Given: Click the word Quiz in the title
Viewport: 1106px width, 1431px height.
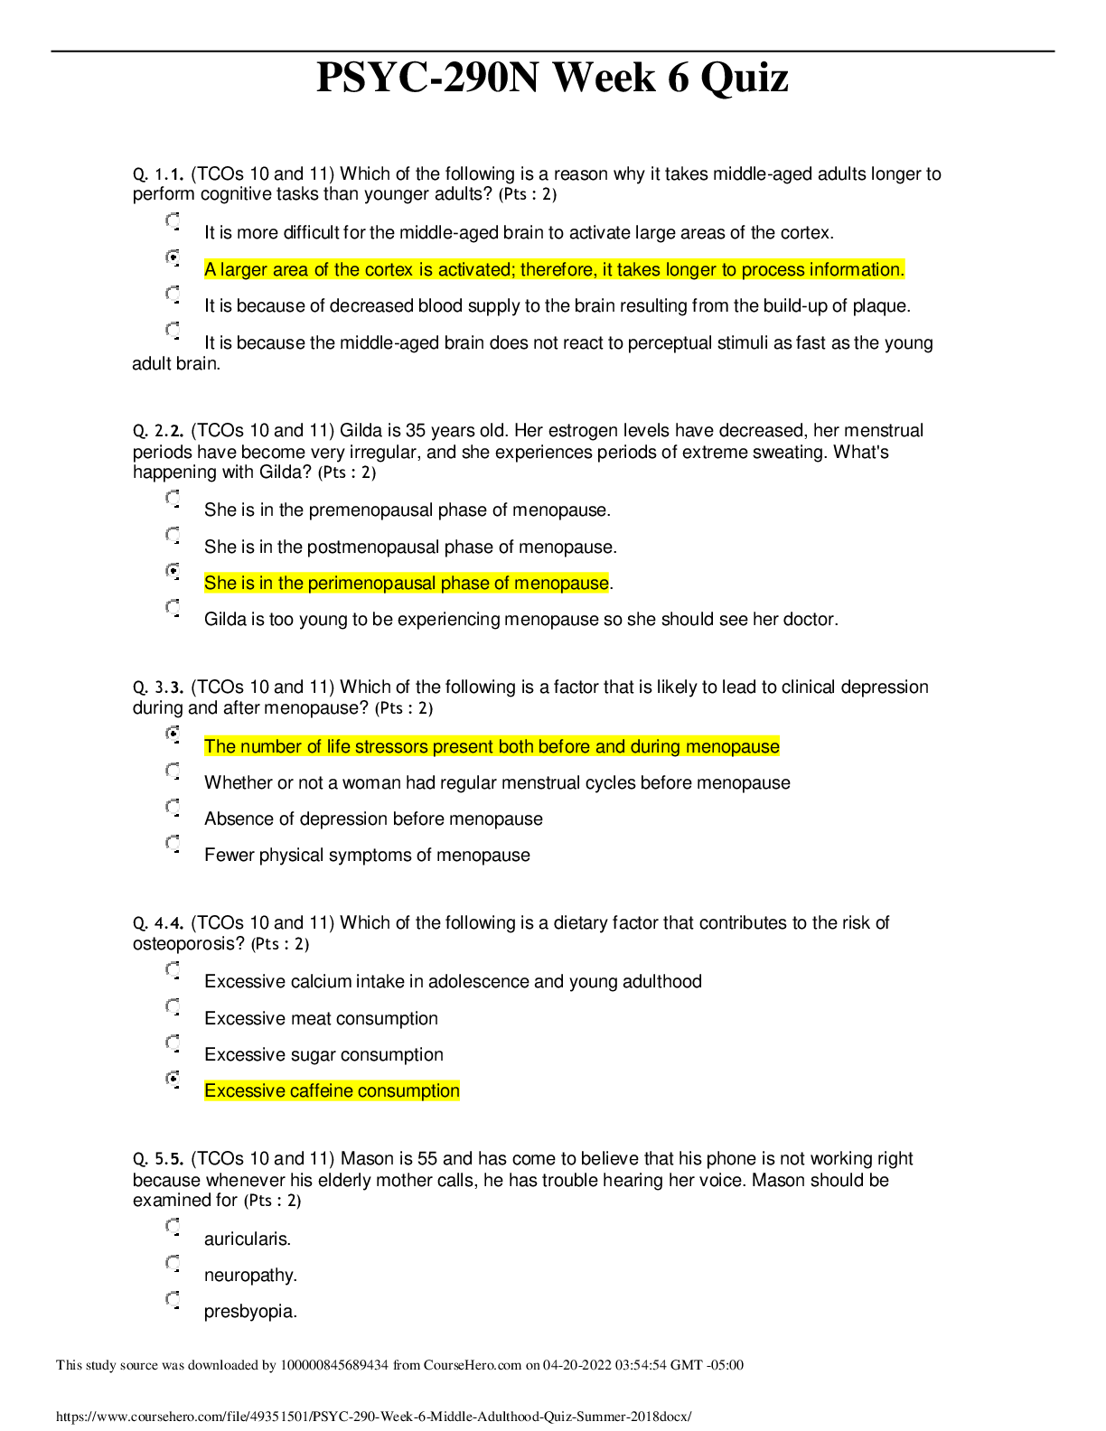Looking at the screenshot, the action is pos(744,78).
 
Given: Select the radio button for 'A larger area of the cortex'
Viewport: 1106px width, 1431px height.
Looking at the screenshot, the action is pos(173,257).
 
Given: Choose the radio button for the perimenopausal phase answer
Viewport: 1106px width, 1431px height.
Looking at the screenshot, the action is pos(173,571).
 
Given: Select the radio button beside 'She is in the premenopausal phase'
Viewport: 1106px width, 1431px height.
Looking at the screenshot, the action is pos(173,498).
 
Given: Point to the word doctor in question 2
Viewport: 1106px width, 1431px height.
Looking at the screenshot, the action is pos(811,620).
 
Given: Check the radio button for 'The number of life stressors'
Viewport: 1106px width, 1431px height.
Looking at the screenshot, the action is pos(173,734).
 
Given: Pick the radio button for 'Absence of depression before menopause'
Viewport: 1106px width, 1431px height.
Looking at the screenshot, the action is pos(173,807).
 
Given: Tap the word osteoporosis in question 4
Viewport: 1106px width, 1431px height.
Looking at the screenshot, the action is pos(188,944).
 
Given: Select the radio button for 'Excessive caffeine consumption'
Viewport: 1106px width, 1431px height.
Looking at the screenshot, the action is pos(173,1079).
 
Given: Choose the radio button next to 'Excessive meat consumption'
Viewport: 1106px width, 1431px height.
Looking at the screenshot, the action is pos(173,1006).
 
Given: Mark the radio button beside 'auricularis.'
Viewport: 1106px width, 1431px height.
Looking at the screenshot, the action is pos(173,1227).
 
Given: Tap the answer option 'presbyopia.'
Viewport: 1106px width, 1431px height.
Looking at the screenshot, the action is pos(250,1312).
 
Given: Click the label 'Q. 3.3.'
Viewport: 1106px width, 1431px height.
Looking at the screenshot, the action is pos(158,688).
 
